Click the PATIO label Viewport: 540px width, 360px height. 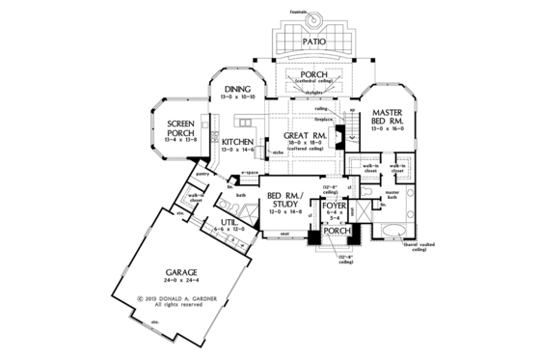(310, 43)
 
